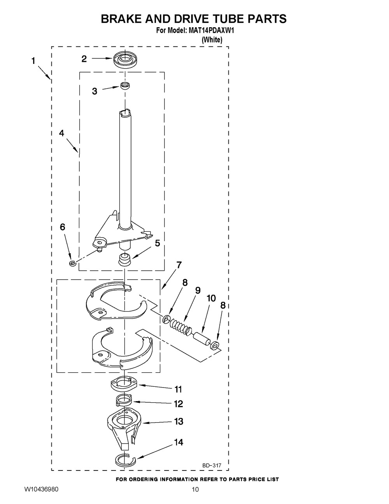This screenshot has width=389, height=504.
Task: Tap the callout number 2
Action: tap(84, 59)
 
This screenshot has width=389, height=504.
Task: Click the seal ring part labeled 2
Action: tap(124, 60)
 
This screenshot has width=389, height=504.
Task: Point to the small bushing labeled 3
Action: tap(125, 86)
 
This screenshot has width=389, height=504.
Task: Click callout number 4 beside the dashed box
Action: tap(61, 133)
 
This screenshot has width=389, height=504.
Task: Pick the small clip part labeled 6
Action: tap(72, 263)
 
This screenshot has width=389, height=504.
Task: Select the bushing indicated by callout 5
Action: tap(125, 260)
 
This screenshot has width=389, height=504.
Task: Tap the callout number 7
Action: tap(179, 264)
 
